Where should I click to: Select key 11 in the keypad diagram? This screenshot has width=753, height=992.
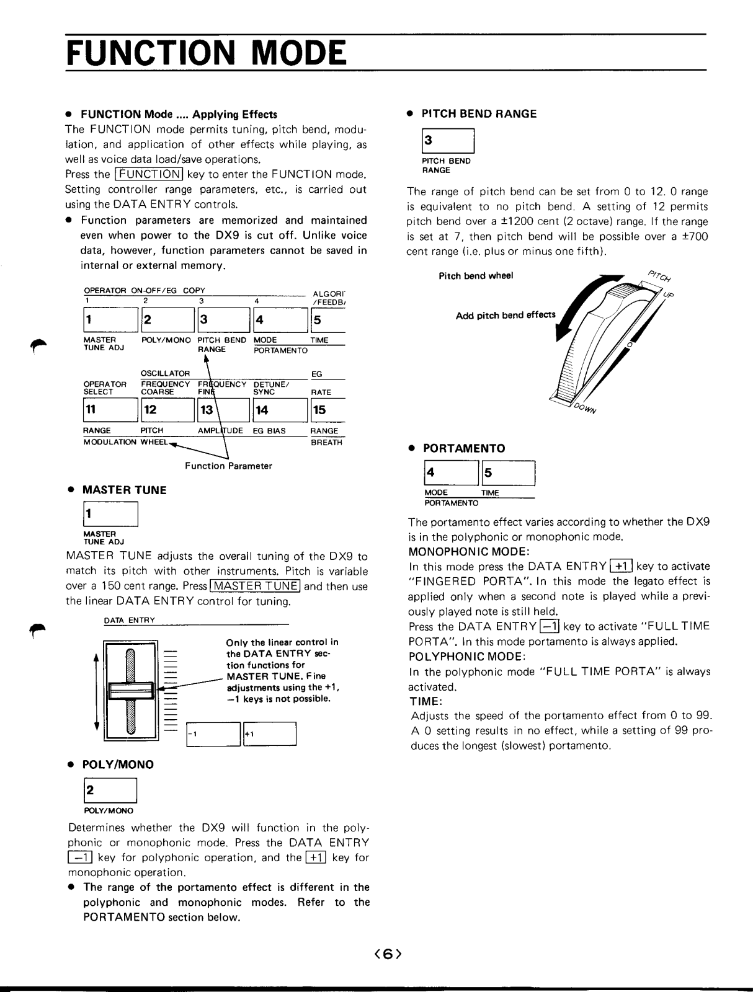(x=109, y=410)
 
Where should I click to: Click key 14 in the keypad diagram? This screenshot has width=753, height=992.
(x=279, y=410)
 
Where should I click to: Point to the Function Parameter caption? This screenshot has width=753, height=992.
(x=228, y=466)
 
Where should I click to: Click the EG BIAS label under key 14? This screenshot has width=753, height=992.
(x=269, y=431)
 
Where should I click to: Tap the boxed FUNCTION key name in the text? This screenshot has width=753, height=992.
(x=147, y=175)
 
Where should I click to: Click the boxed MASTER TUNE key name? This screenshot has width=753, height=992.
(x=256, y=587)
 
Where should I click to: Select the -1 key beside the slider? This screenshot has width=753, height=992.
(x=213, y=734)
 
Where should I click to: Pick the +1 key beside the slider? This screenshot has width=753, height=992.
(x=270, y=734)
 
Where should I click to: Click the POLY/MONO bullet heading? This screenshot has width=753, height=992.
(x=118, y=764)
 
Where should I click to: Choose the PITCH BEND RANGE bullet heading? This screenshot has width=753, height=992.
(x=479, y=113)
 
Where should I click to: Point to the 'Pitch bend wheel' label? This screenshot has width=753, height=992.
(x=476, y=276)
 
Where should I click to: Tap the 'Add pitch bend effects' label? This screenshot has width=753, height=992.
(x=506, y=316)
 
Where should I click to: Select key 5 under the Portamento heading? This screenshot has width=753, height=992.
(x=507, y=474)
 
